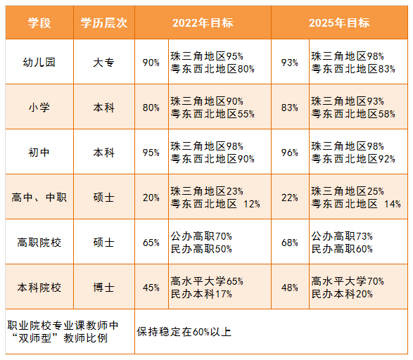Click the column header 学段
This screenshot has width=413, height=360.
tap(39, 22)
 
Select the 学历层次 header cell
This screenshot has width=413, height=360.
tap(103, 22)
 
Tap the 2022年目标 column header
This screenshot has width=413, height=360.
tap(203, 22)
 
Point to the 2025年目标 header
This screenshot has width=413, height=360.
tap(339, 22)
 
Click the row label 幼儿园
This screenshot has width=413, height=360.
tap(39, 63)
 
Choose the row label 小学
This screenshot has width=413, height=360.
tap(39, 108)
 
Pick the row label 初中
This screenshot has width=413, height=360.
tap(39, 153)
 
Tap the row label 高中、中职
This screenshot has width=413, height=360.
tap(39, 198)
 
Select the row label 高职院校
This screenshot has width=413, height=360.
tap(39, 243)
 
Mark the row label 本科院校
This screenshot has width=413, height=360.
tap(39, 288)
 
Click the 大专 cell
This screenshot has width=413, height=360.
tap(103, 63)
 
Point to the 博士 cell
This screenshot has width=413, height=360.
tap(103, 288)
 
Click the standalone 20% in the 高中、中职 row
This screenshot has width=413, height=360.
tap(151, 198)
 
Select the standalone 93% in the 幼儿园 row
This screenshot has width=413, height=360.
tap(290, 63)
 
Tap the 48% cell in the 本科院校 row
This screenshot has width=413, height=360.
tap(290, 288)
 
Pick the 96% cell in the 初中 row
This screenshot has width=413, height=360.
tap(290, 153)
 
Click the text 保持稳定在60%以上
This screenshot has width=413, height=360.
tap(184, 332)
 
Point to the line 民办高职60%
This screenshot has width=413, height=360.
tap(342, 249)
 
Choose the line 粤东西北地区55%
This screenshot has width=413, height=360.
tap(212, 114)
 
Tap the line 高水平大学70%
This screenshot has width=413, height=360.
tap(348, 281)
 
